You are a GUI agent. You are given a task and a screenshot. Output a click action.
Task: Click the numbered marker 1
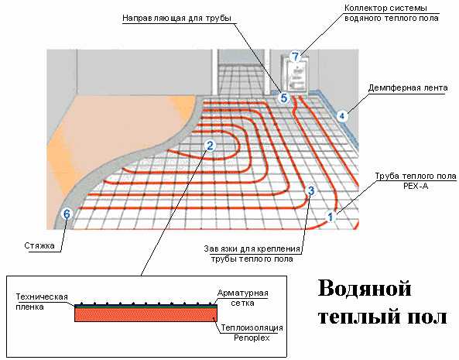coord(331,217)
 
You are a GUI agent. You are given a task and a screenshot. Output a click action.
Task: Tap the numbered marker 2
coord(210,146)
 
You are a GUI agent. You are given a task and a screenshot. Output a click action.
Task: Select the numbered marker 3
coord(311,190)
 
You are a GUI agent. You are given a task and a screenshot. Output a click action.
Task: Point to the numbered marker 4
coord(341,116)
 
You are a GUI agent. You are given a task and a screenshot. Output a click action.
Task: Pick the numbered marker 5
coord(283,98)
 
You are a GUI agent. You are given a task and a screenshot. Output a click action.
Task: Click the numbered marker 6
coord(67,214)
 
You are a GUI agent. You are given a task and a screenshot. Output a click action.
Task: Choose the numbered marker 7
coord(296,57)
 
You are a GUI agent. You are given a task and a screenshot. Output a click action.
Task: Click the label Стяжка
coord(39,245)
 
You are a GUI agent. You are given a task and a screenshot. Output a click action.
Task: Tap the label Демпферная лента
coord(408,87)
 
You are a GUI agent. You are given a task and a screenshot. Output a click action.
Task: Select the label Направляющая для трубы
coord(176,18)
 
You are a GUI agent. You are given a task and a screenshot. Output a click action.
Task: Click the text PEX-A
coord(416,186)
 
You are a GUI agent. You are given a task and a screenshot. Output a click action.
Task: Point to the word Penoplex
coord(252,338)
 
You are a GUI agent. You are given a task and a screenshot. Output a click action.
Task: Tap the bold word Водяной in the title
coord(365,288)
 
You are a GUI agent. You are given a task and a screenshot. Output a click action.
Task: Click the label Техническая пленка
coord(42,302)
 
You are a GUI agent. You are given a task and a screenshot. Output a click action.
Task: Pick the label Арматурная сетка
coord(243,298)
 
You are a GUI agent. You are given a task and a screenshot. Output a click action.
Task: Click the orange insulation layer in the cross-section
coord(146,315)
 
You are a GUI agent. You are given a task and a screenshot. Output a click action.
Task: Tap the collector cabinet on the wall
coord(295,74)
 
